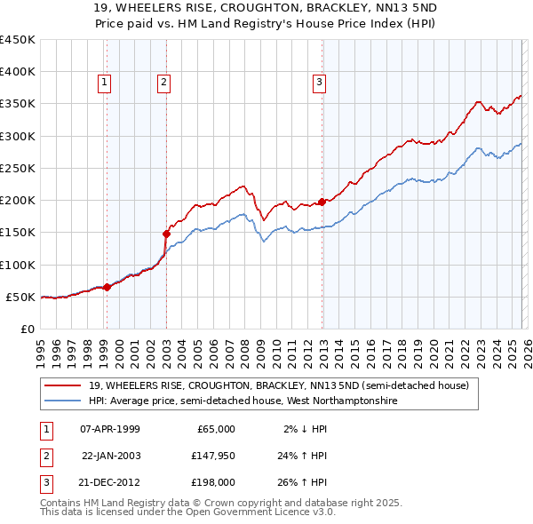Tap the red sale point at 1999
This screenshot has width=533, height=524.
point(107,287)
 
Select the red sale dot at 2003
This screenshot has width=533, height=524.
point(166,234)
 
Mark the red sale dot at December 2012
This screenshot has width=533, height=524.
point(322,202)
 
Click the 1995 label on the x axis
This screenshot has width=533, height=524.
point(41,345)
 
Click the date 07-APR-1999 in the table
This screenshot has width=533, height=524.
point(110,429)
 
